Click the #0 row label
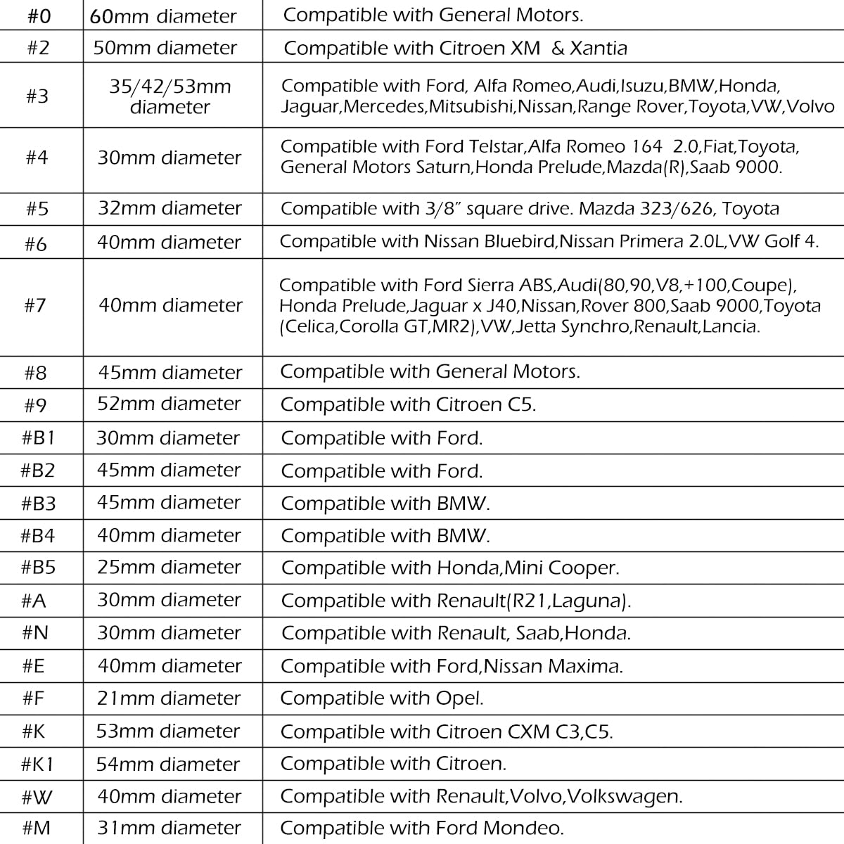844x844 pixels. pos(38,15)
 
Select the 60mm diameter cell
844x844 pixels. pos(163,15)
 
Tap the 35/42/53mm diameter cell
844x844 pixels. pos(170,96)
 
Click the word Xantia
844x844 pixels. pos(598,48)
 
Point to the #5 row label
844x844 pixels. pos(37,209)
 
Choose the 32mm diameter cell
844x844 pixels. pos(170,208)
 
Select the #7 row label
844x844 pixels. pos(34,305)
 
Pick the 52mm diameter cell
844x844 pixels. pos(170,404)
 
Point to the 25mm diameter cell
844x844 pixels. pos(170,567)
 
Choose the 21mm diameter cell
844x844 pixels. pos(170,698)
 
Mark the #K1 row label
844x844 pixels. pos(38,764)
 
